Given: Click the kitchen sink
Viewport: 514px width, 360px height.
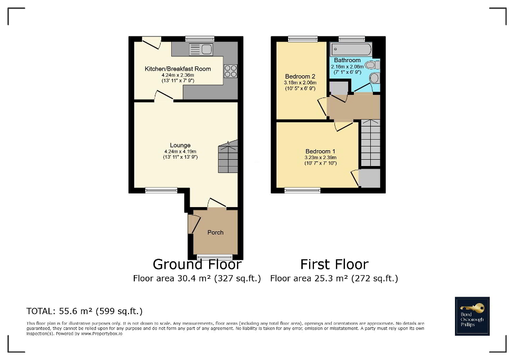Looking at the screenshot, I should click(201, 50).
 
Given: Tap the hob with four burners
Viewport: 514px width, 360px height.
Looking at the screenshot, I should click(231, 71).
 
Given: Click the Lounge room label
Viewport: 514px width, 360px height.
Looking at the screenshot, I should click(180, 145).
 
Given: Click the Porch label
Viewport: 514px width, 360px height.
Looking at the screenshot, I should click(215, 232).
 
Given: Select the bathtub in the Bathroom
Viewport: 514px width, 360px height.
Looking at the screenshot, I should click(351, 50).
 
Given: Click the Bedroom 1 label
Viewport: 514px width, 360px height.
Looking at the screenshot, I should click(320, 152).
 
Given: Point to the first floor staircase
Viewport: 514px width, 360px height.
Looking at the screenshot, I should click(370, 143).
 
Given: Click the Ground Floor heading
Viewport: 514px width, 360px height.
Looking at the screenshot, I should click(197, 264).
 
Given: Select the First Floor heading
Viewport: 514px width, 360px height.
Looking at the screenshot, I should click(334, 264).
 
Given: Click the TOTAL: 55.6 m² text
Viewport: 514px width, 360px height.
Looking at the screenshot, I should click(84, 311).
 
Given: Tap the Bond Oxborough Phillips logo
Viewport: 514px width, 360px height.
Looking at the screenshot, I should click(472, 316).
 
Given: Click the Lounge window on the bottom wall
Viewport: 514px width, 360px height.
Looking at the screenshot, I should click(157, 191).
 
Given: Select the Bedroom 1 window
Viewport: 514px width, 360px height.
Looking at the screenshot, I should click(302, 191).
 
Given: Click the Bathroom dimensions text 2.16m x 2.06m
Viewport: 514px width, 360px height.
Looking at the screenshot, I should click(347, 67).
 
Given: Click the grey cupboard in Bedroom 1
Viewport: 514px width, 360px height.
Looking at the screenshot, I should click(370, 179).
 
